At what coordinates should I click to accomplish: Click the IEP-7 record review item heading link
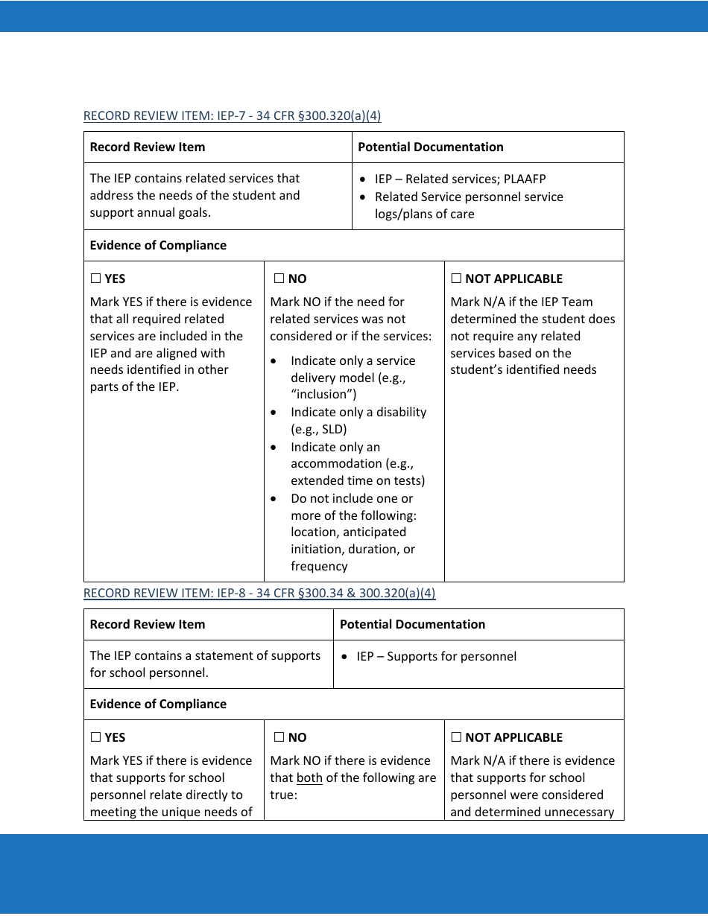[232, 115]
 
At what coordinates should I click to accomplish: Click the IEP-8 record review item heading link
[259, 593]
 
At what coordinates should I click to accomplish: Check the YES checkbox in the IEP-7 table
[95, 279]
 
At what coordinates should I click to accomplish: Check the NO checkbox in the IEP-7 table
[279, 279]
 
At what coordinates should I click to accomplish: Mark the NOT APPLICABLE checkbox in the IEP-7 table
[456, 279]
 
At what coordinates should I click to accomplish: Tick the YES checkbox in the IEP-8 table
[95, 737]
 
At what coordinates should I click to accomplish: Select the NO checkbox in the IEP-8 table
[279, 737]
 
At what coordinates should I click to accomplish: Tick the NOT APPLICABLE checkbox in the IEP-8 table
[456, 737]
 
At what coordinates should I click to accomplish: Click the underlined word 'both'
[309, 778]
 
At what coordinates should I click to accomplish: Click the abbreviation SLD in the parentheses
[332, 429]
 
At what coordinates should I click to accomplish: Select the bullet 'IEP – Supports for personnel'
[436, 656]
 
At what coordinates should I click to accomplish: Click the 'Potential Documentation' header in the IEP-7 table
[430, 147]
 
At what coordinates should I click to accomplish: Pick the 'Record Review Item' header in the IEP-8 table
[147, 624]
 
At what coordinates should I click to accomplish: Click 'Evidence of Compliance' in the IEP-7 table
[158, 245]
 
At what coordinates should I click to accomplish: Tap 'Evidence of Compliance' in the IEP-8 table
[158, 704]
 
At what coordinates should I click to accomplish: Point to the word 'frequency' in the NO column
[319, 566]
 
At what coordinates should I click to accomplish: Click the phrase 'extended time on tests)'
[358, 480]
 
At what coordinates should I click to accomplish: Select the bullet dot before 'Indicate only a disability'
[275, 413]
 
